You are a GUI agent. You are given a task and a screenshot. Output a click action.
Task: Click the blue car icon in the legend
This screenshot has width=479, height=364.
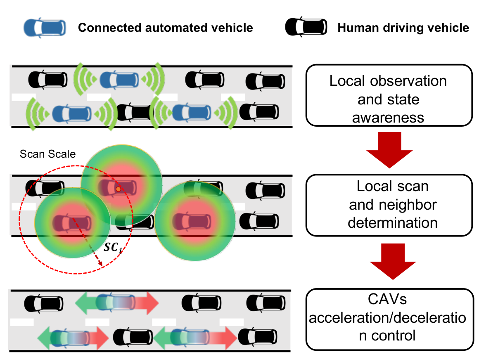(45, 28)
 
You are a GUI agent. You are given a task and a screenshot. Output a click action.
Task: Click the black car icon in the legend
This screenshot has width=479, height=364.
(306, 27)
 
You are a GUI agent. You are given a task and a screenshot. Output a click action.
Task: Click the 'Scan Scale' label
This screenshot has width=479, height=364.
(47, 154)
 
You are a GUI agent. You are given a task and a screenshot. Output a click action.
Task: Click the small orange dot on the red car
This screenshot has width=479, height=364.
(118, 189)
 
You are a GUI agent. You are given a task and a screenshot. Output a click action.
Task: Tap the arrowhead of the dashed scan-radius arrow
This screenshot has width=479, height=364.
(100, 263)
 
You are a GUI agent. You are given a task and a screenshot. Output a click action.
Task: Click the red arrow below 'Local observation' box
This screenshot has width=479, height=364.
(389, 150)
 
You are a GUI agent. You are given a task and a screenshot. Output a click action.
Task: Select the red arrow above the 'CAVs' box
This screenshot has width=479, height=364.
(393, 261)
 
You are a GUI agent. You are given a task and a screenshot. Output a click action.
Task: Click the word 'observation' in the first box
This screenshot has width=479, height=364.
(408, 81)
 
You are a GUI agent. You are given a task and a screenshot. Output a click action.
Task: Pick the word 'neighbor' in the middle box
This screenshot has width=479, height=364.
(408, 205)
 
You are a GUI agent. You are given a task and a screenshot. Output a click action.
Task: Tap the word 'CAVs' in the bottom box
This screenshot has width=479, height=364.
(387, 299)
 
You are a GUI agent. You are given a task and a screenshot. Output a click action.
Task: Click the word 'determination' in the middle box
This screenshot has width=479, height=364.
(393, 223)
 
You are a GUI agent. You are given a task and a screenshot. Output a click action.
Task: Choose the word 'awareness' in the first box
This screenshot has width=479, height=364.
(388, 118)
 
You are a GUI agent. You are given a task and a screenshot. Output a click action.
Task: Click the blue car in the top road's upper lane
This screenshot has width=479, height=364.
(119, 80)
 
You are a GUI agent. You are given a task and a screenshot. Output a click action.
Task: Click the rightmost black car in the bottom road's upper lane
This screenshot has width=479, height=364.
(266, 303)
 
